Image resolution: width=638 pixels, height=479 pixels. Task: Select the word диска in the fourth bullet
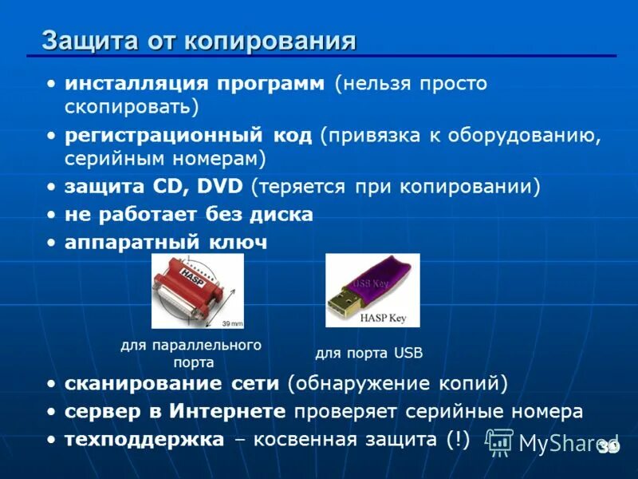[x=286, y=215]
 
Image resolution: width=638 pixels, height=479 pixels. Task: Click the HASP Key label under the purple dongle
[x=383, y=318]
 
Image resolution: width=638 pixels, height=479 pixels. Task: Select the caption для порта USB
[x=368, y=352]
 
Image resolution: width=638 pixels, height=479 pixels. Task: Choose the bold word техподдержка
[x=145, y=440]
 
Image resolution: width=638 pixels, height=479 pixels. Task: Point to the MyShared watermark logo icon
[x=499, y=441]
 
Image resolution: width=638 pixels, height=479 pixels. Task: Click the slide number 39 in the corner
[x=608, y=447]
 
